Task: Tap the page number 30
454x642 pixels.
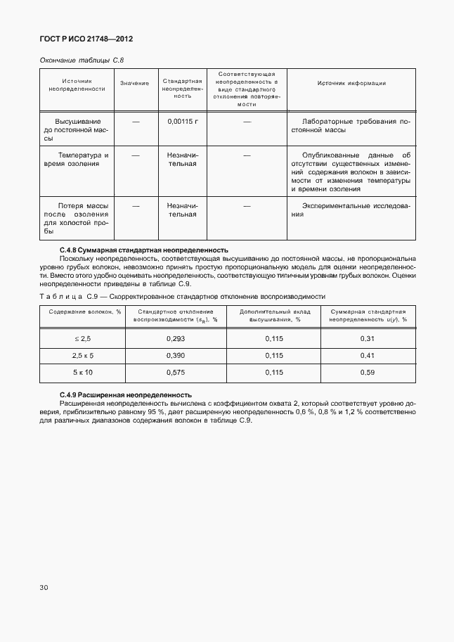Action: tap(44, 586)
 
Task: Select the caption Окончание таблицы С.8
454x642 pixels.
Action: tap(82, 60)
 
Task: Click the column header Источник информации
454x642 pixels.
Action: tap(351, 83)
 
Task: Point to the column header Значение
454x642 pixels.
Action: tap(134, 84)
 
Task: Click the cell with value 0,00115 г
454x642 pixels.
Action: tap(183, 121)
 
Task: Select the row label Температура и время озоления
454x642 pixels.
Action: tap(77, 159)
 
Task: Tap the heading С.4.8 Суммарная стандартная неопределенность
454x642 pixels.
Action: tap(144, 250)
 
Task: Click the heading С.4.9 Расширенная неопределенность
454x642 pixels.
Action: tap(126, 394)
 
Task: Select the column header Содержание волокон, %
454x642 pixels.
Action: tap(82, 314)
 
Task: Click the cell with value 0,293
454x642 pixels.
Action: tap(176, 338)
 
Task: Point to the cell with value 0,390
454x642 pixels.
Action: tap(176, 355)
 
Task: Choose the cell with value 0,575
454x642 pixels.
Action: tap(176, 372)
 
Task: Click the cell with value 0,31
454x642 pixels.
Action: tap(368, 338)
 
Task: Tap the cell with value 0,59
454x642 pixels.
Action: tap(368, 372)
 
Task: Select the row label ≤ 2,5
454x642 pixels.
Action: tap(82, 338)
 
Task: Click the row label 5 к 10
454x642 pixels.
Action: tap(82, 372)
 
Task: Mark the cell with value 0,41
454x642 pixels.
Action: tap(368, 355)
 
